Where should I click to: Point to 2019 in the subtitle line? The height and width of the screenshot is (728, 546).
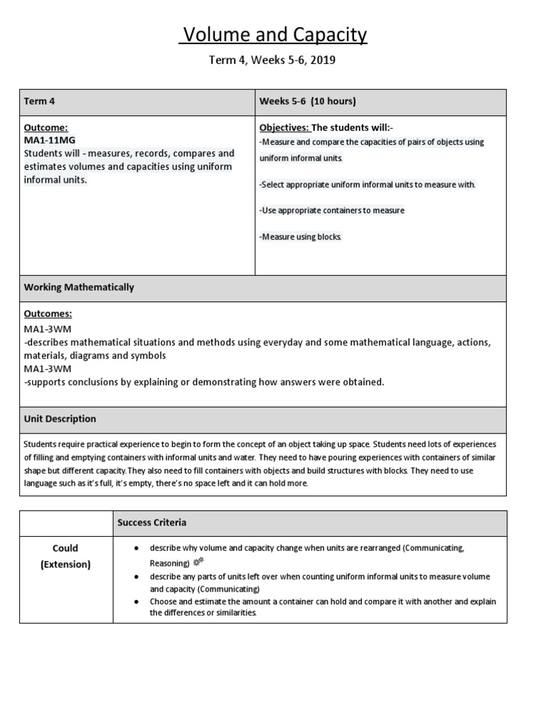[322, 60]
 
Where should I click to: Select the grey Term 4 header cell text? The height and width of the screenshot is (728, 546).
[40, 102]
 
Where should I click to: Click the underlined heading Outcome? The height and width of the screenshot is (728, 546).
[46, 127]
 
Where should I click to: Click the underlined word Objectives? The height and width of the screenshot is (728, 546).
[284, 127]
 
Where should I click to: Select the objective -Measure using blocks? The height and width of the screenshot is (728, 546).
[301, 237]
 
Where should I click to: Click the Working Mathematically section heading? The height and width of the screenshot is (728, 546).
[79, 288]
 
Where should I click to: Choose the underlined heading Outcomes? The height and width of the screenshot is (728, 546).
[48, 314]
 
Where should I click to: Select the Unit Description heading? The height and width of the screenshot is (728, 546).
[60, 419]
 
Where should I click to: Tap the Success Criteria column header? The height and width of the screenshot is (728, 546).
[152, 523]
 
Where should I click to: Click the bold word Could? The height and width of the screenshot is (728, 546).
[65, 548]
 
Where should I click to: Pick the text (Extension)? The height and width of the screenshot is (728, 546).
[65, 564]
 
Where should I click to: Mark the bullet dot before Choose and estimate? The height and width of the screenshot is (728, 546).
[136, 601]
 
